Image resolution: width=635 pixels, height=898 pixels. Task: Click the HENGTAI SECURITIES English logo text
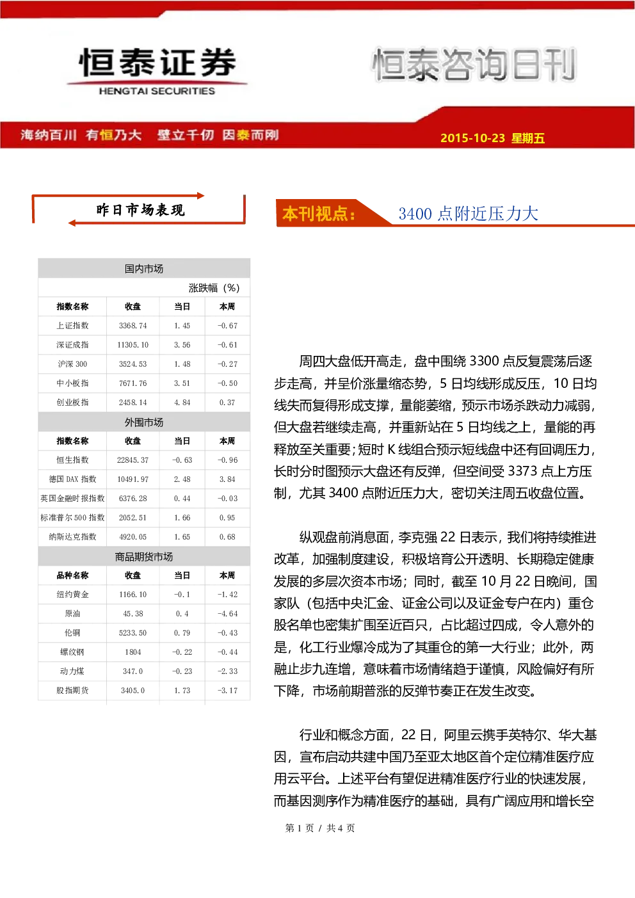click(157, 91)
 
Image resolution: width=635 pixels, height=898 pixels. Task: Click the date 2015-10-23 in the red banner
click(472, 138)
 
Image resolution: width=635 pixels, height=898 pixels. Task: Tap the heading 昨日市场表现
click(140, 210)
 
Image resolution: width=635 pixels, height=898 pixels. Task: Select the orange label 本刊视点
click(319, 214)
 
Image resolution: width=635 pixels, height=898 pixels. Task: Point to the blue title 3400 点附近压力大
click(468, 214)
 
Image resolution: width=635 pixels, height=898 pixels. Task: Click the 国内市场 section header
click(144, 269)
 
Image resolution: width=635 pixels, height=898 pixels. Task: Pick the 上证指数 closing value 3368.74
click(133, 326)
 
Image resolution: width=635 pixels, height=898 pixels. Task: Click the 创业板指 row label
click(72, 402)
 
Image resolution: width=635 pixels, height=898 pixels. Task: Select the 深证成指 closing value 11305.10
click(133, 345)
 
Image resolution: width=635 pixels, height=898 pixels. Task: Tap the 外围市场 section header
click(144, 422)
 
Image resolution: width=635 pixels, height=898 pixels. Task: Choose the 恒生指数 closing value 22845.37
click(133, 460)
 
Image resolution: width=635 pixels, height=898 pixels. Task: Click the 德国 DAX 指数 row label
click(72, 479)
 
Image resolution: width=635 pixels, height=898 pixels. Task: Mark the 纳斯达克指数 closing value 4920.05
click(133, 537)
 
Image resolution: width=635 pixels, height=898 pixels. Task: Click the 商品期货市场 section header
click(144, 556)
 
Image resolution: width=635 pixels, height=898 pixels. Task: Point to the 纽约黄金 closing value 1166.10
click(133, 595)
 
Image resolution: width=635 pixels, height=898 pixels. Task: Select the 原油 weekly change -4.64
click(227, 614)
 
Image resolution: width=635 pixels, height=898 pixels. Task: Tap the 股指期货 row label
click(72, 691)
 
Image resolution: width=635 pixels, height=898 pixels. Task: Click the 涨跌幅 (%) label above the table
click(214, 288)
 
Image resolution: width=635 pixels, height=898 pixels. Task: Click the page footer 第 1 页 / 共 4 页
click(320, 828)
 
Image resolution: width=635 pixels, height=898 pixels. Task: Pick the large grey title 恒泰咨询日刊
click(474, 65)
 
